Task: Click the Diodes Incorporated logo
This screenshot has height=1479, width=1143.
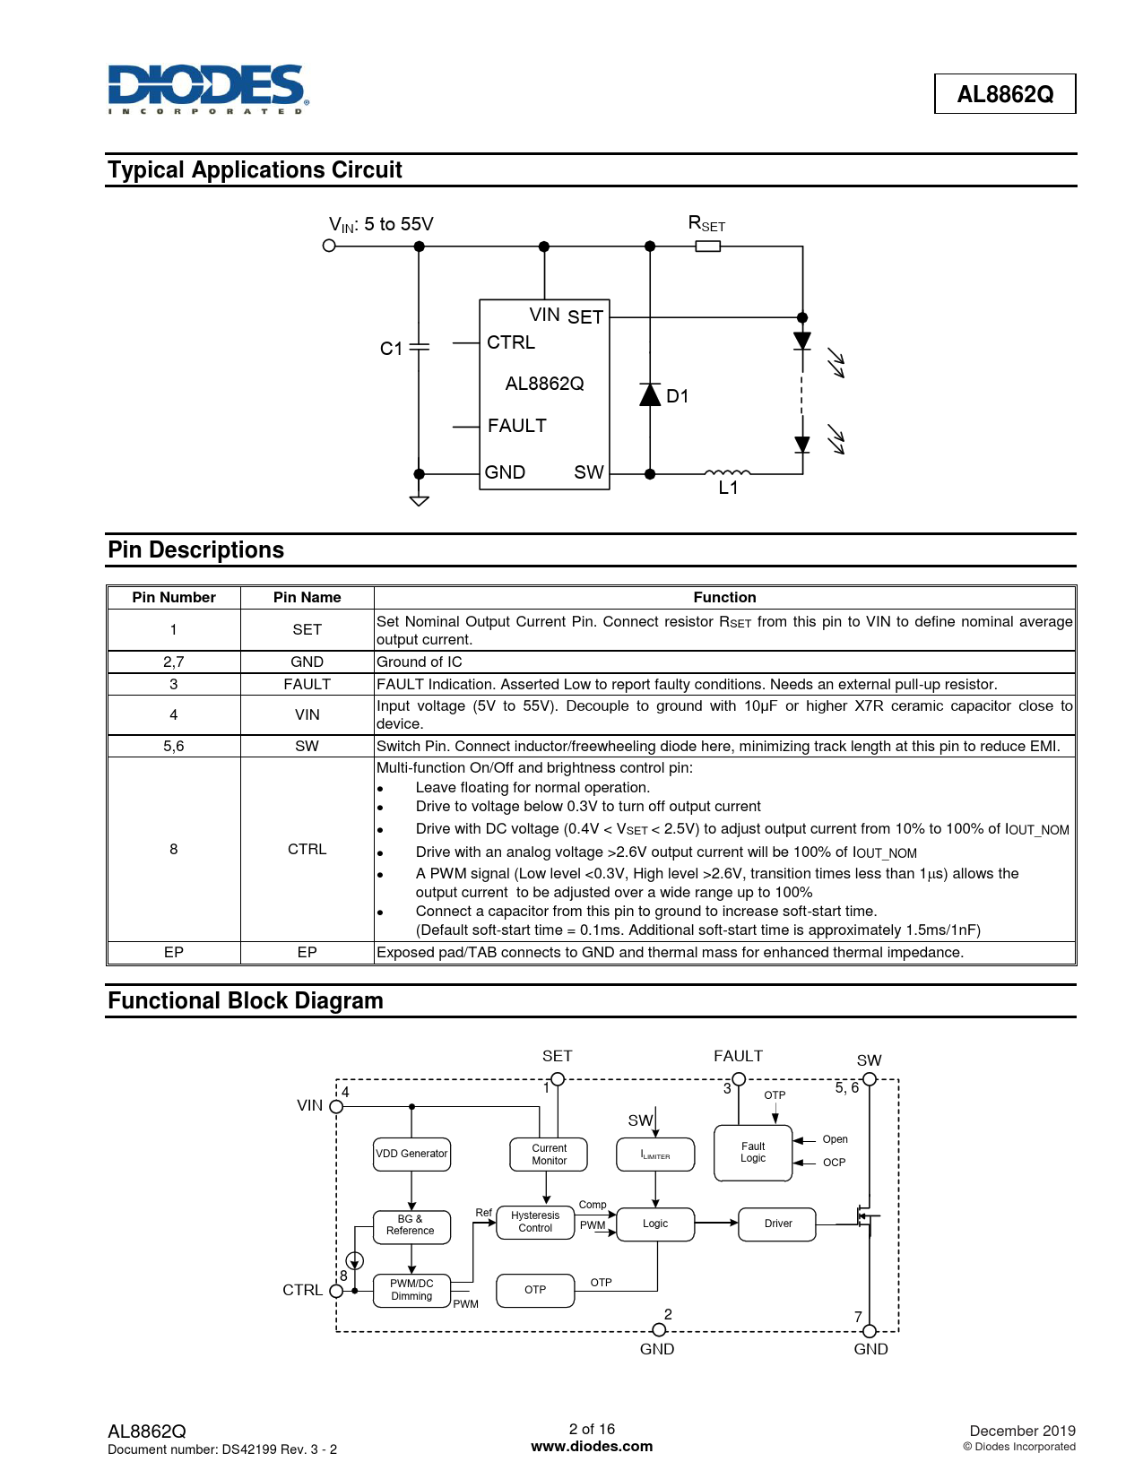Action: tap(208, 89)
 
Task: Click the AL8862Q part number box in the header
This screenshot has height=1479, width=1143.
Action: tap(1004, 94)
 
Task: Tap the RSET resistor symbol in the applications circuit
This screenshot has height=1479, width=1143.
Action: tap(707, 246)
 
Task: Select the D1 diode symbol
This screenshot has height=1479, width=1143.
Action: tap(650, 394)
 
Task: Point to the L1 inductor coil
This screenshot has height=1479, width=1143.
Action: tap(727, 472)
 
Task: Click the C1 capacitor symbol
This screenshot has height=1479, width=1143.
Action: tap(419, 347)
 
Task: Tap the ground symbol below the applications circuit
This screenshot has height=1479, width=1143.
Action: tap(419, 500)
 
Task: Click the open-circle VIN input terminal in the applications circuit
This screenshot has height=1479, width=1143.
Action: tap(329, 246)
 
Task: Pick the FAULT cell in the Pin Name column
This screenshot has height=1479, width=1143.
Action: tap(307, 684)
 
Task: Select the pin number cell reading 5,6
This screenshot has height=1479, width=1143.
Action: tap(174, 746)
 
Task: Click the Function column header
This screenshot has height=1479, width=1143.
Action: tap(724, 597)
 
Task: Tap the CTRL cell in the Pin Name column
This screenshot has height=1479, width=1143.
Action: tap(307, 849)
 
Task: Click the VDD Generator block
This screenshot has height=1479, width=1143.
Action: tap(411, 1154)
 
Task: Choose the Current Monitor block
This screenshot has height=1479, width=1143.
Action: tap(549, 1155)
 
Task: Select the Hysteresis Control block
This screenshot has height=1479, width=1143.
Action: tap(535, 1222)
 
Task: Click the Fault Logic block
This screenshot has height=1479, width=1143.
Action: tap(753, 1153)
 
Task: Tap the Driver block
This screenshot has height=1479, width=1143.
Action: tap(777, 1224)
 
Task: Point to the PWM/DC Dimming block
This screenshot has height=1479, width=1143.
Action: tap(411, 1290)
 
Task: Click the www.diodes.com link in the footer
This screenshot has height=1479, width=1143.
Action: tap(592, 1446)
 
